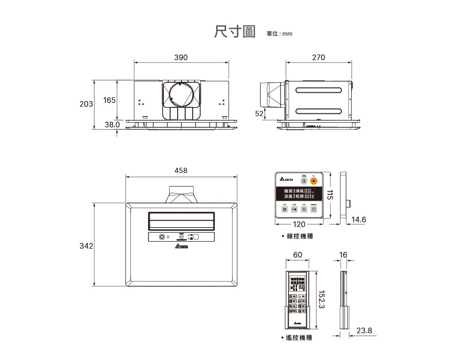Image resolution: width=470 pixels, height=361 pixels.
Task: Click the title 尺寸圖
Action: click(234, 32)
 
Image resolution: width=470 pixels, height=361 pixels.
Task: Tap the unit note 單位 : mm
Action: click(279, 34)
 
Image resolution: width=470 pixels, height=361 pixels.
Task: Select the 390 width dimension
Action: click(181, 57)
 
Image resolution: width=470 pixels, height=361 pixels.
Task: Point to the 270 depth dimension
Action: click(318, 57)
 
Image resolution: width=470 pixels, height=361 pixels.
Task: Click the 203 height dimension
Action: click(86, 104)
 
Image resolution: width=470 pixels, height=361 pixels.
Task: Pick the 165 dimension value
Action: click(110, 101)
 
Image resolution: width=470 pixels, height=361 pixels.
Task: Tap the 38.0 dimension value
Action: click(112, 125)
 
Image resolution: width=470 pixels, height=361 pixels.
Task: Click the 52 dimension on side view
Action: click(259, 113)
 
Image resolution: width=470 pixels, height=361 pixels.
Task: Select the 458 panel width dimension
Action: click(181, 171)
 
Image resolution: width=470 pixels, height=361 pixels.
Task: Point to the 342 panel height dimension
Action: click(86, 246)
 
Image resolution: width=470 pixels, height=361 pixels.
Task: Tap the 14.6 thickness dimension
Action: click(359, 220)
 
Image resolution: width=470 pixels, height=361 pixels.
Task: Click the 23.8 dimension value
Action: click(364, 331)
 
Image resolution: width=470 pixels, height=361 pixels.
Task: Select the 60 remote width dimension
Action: click(298, 255)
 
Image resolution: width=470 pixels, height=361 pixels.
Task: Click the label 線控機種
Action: click(300, 236)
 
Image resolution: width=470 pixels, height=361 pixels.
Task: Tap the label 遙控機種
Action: click(299, 338)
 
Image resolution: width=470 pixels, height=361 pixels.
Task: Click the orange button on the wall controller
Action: click(314, 181)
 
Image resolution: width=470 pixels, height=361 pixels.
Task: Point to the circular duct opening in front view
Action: click(181, 98)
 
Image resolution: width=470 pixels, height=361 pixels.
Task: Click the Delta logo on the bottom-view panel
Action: click(181, 246)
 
